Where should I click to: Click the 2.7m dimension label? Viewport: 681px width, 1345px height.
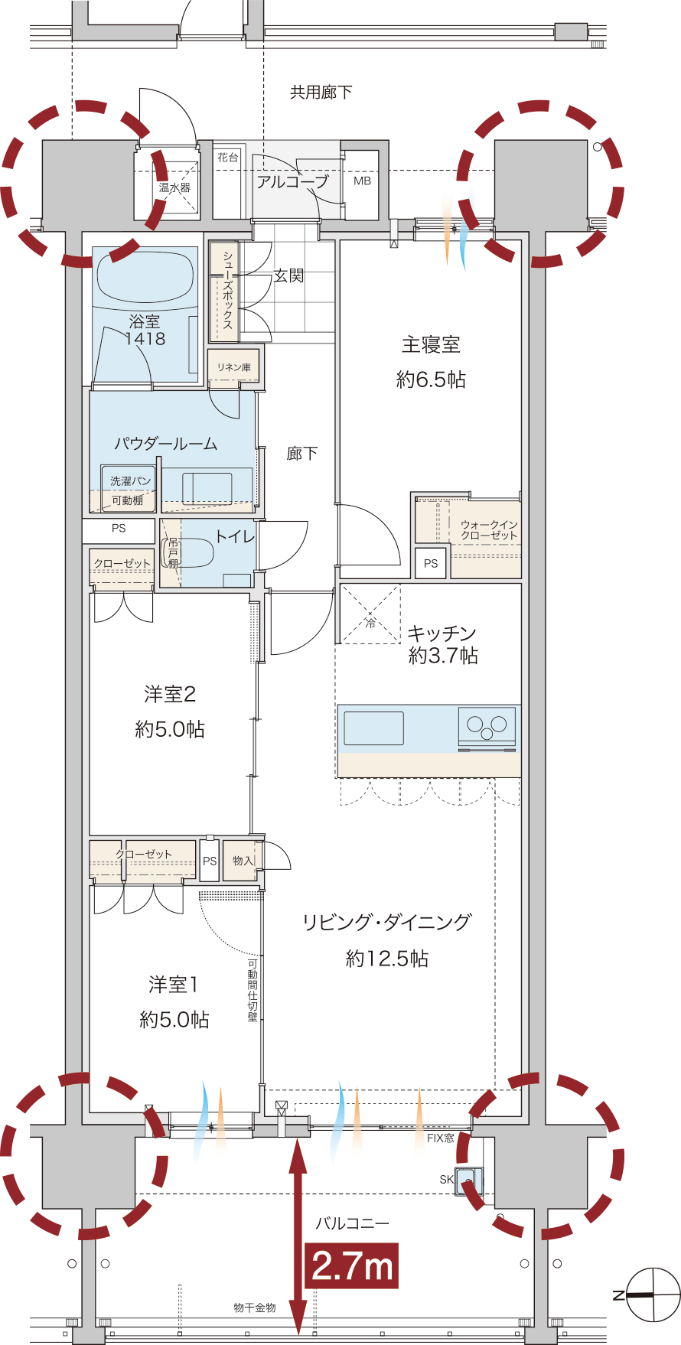352,1265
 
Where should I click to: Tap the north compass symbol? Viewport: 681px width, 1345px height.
652,1295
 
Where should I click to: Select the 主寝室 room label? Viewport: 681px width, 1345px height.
432,345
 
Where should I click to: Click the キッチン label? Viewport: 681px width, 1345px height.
442,633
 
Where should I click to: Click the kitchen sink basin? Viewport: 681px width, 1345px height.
374,728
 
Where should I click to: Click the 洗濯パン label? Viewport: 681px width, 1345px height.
131,480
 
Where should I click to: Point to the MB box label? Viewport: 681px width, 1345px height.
362,181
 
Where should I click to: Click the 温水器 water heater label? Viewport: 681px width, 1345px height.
174,187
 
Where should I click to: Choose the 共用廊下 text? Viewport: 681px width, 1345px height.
321,93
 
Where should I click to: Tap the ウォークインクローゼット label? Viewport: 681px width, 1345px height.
489,529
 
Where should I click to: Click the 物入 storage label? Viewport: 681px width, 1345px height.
243,861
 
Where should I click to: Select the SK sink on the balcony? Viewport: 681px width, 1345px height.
468,1181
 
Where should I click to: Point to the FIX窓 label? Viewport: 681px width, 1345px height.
441,1138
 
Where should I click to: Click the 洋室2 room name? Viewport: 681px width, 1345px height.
170,694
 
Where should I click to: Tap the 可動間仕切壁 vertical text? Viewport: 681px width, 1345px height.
253,990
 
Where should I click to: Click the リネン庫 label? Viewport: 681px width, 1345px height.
234,367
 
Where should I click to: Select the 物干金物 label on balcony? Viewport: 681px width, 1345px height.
255,1308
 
